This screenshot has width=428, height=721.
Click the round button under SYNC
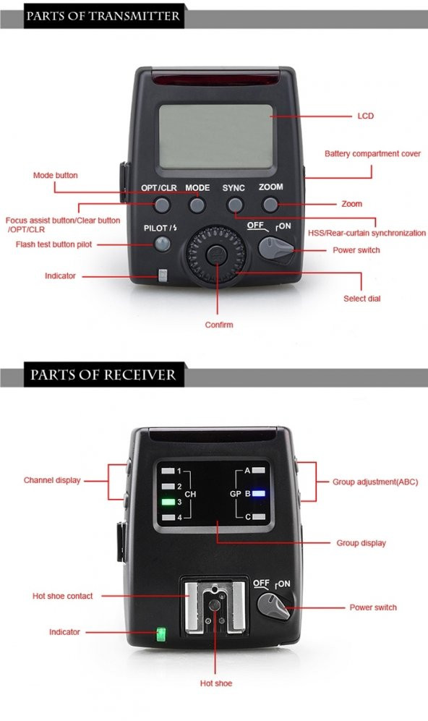tap(234, 205)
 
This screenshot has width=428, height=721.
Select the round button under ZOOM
tap(270, 205)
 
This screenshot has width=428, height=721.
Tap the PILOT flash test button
tap(161, 244)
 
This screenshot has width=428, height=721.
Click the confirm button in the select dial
tap(215, 254)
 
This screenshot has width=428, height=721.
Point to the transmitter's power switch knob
tap(275, 250)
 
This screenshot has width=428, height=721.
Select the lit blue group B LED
tap(260, 495)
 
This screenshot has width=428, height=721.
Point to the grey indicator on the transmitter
tap(163, 276)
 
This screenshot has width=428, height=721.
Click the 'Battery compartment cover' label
tap(372, 154)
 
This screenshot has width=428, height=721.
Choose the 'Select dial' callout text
tap(361, 298)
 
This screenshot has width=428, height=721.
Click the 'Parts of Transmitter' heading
tap(103, 15)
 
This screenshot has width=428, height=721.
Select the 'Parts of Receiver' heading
tap(103, 375)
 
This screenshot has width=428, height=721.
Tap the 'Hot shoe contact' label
tap(63, 596)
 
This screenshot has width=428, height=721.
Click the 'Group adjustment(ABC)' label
tap(374, 482)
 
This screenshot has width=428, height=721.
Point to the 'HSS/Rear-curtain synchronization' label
tap(367, 233)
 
